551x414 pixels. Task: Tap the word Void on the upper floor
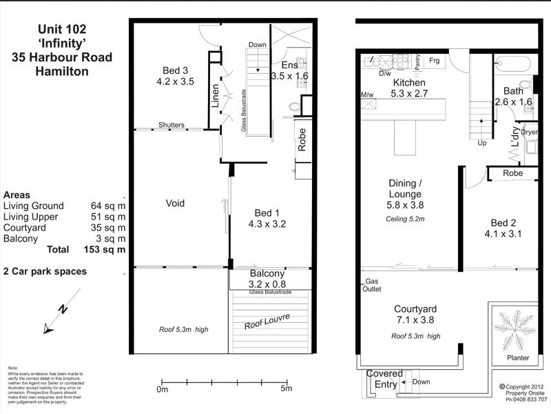176,204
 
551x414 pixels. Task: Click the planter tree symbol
515,331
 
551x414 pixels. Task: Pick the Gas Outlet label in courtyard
372,286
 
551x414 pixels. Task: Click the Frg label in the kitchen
434,61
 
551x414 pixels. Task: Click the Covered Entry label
384,379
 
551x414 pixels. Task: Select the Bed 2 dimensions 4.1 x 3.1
503,234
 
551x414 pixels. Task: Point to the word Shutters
171,125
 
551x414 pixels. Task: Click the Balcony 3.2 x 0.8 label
267,278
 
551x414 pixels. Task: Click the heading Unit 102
62,30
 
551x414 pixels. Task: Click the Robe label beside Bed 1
302,140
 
